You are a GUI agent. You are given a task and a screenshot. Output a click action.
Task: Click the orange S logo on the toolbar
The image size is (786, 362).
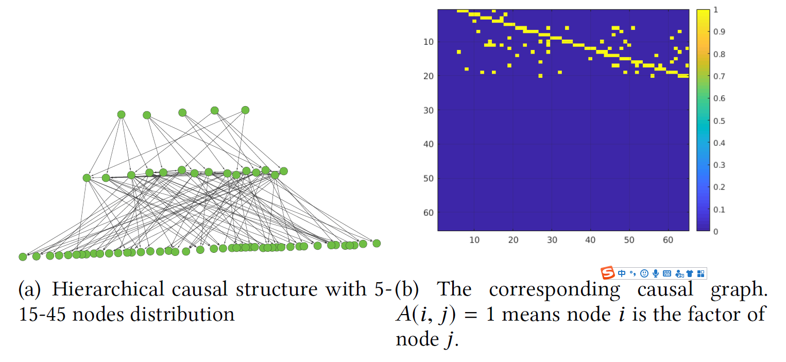(608, 273)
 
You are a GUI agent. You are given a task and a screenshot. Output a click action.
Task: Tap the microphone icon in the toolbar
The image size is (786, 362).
(656, 273)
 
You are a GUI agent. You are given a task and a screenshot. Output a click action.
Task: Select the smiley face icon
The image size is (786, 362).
(644, 273)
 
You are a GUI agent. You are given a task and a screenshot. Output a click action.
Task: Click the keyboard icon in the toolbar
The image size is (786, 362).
(667, 273)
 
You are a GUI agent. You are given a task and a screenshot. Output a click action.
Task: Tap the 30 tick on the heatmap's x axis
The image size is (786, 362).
(552, 239)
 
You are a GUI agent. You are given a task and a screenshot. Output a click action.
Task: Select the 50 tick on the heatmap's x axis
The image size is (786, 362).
(629, 239)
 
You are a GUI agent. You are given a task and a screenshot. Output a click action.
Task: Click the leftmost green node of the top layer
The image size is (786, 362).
(121, 114)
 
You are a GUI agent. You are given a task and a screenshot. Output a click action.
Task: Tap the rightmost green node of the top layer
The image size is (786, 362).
(245, 110)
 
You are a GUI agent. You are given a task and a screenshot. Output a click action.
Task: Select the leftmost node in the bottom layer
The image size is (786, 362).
(23, 256)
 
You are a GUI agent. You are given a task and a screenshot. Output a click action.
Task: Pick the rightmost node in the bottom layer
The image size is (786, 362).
(377, 243)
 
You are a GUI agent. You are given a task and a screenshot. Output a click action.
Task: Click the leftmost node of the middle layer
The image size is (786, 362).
(87, 178)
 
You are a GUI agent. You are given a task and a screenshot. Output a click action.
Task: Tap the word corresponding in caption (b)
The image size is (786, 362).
(554, 290)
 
